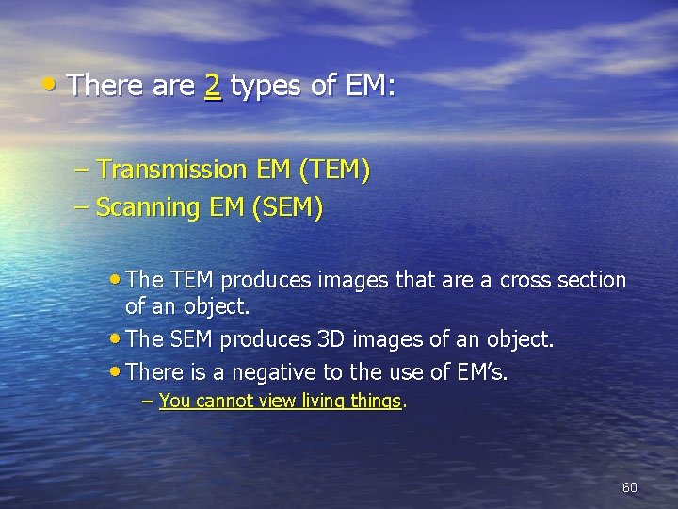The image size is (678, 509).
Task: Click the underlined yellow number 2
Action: pyautogui.click(x=213, y=87)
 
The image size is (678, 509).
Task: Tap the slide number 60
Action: pyautogui.click(x=630, y=487)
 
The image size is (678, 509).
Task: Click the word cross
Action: pyautogui.click(x=527, y=280)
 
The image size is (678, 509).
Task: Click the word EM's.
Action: pyautogui.click(x=480, y=371)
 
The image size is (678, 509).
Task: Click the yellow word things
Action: pyautogui.click(x=374, y=401)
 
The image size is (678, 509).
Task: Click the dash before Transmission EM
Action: pyautogui.click(x=82, y=171)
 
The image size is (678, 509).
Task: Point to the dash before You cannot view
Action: pyautogui.click(x=147, y=401)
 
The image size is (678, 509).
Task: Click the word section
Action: pyautogui.click(x=590, y=280)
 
